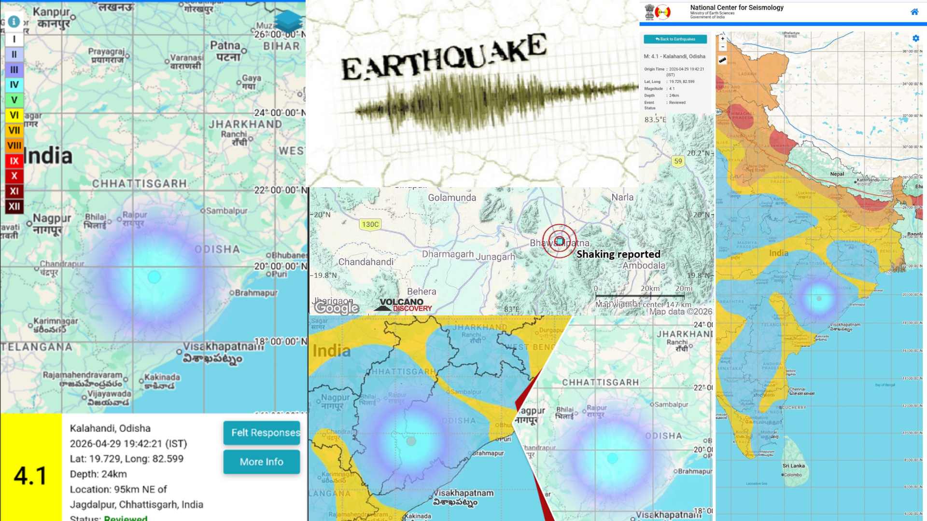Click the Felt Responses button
(261, 433)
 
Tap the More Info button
(261, 462)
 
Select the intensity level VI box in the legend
(14, 115)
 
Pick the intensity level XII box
(14, 206)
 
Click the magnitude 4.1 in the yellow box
(30, 476)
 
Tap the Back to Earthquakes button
(675, 39)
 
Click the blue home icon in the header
(914, 12)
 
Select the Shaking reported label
(618, 254)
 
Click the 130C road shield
(370, 224)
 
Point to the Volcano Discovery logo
(403, 305)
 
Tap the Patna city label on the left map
(225, 46)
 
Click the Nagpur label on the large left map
(52, 219)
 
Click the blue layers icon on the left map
(288, 22)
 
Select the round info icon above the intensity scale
(14, 22)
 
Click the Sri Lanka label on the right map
(793, 466)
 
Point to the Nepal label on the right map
(837, 174)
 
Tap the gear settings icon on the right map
(915, 39)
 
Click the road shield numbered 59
(678, 161)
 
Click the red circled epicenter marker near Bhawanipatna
(559, 241)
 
